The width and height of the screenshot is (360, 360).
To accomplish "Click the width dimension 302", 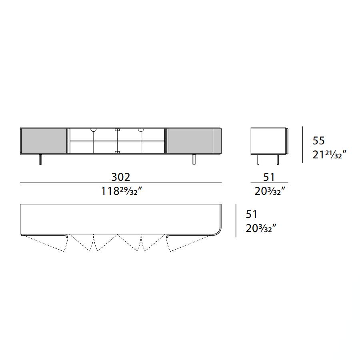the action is point(120,177).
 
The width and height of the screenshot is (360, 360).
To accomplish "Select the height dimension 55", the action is point(318,140).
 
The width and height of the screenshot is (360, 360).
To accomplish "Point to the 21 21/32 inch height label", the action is point(329,155).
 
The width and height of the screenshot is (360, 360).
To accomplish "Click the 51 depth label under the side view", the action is point(269,177).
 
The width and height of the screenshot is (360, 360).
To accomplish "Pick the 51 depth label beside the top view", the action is point(252,214).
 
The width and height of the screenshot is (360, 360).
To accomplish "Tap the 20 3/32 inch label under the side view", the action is point(270,191).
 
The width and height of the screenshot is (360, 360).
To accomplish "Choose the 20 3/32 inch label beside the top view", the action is point(261,228).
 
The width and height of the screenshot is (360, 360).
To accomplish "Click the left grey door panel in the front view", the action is point(44,141).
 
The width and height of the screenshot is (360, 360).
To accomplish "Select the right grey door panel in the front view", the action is point(190,141).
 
